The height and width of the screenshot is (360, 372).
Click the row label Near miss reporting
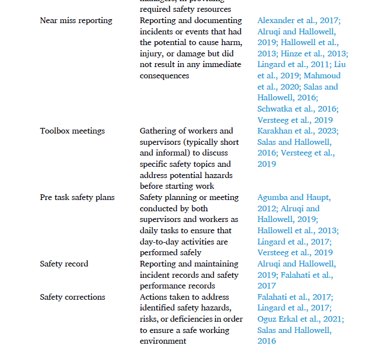76,21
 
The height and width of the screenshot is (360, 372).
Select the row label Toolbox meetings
72,131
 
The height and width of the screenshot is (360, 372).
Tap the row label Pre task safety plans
77,198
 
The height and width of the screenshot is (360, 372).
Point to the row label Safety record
64,264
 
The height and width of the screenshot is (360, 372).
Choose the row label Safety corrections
72,297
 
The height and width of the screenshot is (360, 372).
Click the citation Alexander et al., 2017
298,21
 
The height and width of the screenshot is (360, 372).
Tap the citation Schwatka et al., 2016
298,109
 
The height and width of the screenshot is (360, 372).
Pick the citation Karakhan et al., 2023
298,131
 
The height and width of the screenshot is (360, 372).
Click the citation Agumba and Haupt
294,198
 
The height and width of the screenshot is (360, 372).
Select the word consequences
165,76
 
